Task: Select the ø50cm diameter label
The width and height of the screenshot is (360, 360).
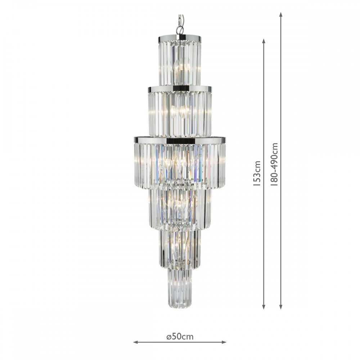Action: click(180, 337)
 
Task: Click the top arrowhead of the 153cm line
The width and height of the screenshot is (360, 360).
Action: click(264, 41)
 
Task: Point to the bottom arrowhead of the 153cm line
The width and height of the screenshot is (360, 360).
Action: click(264, 307)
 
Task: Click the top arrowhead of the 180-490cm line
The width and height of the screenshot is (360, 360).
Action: click(280, 14)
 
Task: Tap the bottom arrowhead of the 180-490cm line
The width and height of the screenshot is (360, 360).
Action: click(280, 307)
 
